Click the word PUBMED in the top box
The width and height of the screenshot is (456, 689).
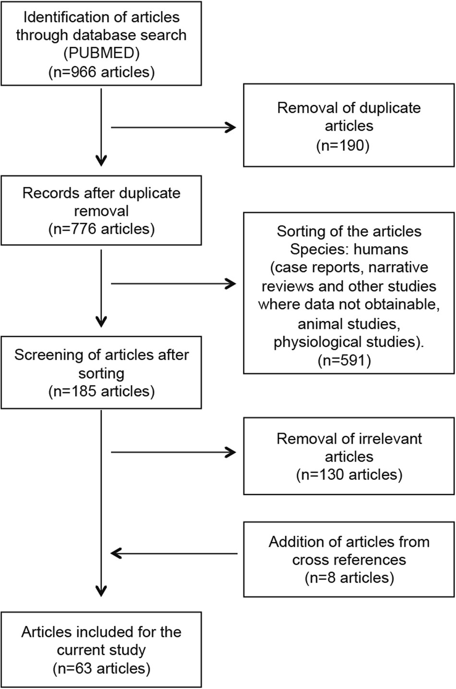pos(101,53)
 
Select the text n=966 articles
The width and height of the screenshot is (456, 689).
pos(101,72)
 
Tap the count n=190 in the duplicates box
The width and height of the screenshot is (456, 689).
pos(348,145)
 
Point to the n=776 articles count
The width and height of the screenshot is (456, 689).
pos(101,229)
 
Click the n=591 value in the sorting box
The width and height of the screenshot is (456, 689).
pos(348,361)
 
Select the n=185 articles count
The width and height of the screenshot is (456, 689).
pos(101,391)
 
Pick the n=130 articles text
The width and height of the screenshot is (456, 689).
pos(348,475)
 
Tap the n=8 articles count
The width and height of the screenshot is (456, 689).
pos(348,578)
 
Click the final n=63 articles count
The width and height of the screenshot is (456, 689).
pos(101,668)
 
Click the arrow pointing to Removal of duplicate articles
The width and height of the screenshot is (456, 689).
pos(173,127)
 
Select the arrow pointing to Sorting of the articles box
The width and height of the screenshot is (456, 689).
pos(173,284)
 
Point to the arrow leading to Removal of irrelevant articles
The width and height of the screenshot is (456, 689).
pos(173,452)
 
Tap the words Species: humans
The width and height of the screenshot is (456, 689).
pos(348,250)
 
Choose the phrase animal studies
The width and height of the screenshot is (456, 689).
pos(348,324)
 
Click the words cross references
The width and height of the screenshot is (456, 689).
pos(348,560)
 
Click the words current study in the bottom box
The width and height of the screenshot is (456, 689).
pos(101,650)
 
